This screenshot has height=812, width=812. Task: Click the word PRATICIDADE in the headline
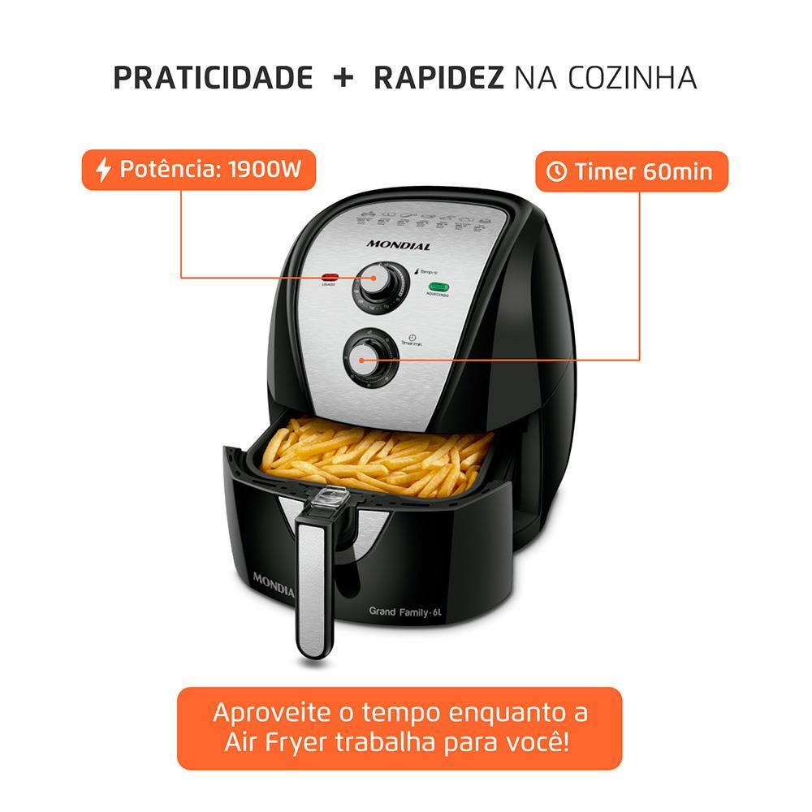coord(213,78)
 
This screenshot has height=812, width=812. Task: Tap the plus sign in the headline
coord(343,78)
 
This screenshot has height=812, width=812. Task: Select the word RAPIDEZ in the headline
coord(438,78)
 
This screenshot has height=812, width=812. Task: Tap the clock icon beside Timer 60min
coord(557,172)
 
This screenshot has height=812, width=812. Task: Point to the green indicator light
coord(440,287)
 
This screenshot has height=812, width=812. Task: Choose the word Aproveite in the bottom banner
coord(271,713)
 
